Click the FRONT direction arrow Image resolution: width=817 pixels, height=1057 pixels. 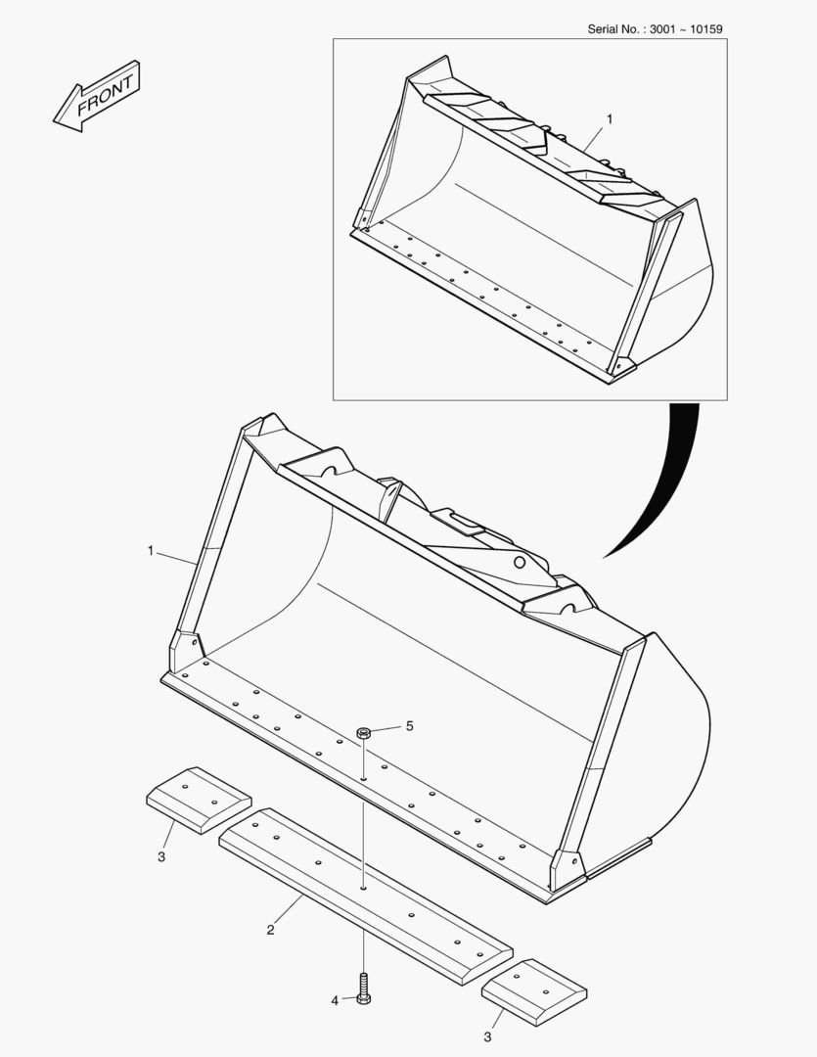point(97,96)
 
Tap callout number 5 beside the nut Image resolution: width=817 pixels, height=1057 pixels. point(409,726)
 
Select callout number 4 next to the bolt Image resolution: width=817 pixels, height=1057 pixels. point(335,1001)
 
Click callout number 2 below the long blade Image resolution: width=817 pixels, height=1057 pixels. point(270,931)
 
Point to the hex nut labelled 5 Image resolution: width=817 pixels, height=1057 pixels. point(364,732)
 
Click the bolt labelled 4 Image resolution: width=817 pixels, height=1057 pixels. point(363,988)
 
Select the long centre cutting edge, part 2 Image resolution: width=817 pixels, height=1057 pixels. point(366,896)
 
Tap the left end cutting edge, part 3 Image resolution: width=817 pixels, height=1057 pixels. point(199,801)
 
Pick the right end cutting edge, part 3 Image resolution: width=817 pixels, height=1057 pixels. point(534,992)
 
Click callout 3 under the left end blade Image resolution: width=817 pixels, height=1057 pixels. point(161,856)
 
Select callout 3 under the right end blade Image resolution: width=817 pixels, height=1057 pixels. point(487,1036)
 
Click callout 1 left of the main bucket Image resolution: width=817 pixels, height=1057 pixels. point(151,551)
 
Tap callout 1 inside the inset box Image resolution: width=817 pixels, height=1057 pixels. point(610,119)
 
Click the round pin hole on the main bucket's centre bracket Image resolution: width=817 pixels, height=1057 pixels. point(520,562)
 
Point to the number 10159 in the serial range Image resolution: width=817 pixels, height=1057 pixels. point(706,29)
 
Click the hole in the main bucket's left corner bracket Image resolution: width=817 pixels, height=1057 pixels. point(195,642)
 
